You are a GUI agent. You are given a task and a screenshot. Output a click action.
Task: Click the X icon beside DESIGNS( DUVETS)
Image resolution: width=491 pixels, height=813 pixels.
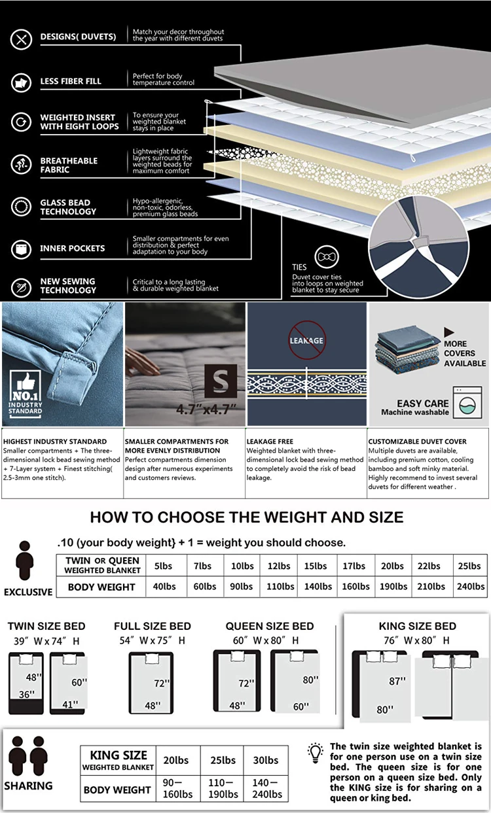22,39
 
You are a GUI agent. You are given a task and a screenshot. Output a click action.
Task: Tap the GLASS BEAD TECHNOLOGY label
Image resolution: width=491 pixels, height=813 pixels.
68,207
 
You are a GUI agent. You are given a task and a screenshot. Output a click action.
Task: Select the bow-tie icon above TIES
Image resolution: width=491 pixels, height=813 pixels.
327,258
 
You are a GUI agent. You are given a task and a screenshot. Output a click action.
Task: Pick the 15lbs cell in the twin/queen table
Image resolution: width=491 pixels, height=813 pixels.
316,566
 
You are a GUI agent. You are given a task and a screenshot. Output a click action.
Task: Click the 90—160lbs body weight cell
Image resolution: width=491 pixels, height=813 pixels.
177,789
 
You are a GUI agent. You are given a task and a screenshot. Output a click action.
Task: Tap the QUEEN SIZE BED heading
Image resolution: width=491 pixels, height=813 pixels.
270,626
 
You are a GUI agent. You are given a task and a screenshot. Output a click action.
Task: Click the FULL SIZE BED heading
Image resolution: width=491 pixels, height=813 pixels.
153,626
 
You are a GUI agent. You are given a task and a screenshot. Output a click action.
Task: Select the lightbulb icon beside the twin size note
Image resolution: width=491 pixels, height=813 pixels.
316,752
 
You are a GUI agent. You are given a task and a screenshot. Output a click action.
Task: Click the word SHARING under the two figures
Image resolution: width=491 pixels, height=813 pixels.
28,786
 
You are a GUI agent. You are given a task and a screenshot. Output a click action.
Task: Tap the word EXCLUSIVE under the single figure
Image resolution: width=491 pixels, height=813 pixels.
28,592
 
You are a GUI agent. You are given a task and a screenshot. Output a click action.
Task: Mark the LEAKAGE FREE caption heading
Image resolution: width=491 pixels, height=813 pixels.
270,441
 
